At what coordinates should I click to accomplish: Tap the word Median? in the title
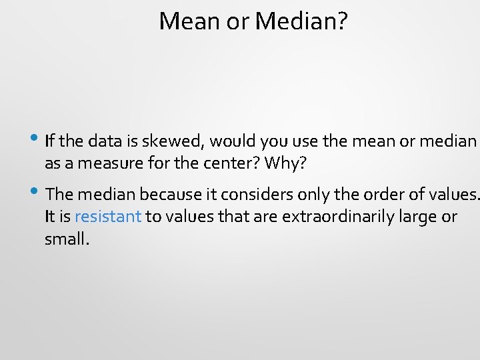(x=301, y=22)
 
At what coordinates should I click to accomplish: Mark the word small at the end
(x=65, y=238)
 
